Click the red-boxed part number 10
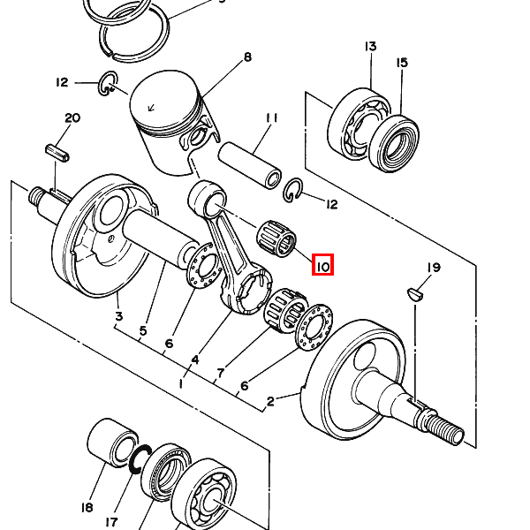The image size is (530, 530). (x=322, y=265)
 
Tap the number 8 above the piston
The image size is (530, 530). (x=247, y=57)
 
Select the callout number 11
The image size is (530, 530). (x=272, y=118)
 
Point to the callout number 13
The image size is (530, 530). (x=370, y=46)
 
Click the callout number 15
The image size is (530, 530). (x=402, y=63)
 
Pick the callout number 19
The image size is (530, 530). (x=434, y=268)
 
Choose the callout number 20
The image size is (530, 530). (x=72, y=118)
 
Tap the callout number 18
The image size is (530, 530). (x=87, y=507)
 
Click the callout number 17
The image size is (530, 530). (x=111, y=522)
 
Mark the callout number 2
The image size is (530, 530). (x=270, y=402)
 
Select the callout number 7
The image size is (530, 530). (x=220, y=373)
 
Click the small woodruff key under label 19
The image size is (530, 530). (x=415, y=294)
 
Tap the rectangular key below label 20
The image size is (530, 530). (x=57, y=153)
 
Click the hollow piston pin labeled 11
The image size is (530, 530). (x=251, y=165)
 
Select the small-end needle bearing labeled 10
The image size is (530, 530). (x=276, y=238)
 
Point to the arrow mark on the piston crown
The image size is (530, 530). (x=151, y=108)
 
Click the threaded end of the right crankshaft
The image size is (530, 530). (x=444, y=427)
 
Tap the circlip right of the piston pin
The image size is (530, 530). (x=292, y=190)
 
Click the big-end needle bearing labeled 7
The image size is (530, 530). (x=286, y=309)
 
